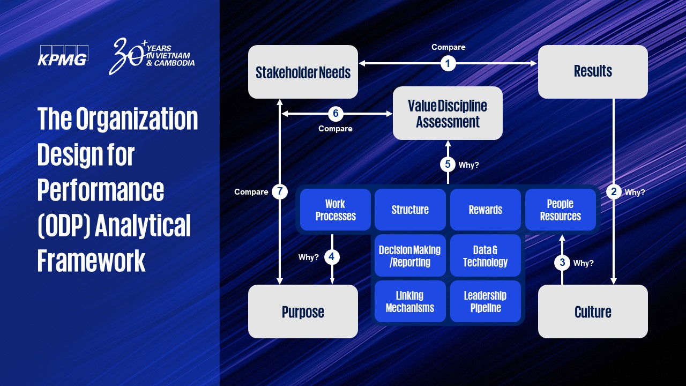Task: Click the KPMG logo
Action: (63, 56)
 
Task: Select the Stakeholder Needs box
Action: (303, 72)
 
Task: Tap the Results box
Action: (593, 71)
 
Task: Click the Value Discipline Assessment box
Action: (448, 113)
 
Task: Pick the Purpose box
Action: (303, 311)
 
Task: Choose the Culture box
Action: (593, 311)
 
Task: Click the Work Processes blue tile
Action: (335, 210)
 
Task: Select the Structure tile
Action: (410, 210)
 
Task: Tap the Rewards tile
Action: (485, 210)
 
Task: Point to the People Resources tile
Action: (560, 210)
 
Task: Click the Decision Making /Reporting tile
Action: (410, 256)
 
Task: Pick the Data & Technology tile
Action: (485, 256)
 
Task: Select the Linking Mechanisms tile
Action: (410, 301)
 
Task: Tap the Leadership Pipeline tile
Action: (485, 301)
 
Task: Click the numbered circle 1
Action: (448, 63)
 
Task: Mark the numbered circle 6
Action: (335, 114)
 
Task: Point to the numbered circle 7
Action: (280, 191)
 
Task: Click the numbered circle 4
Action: (332, 257)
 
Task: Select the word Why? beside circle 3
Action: (583, 263)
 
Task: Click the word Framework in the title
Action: (92, 261)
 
